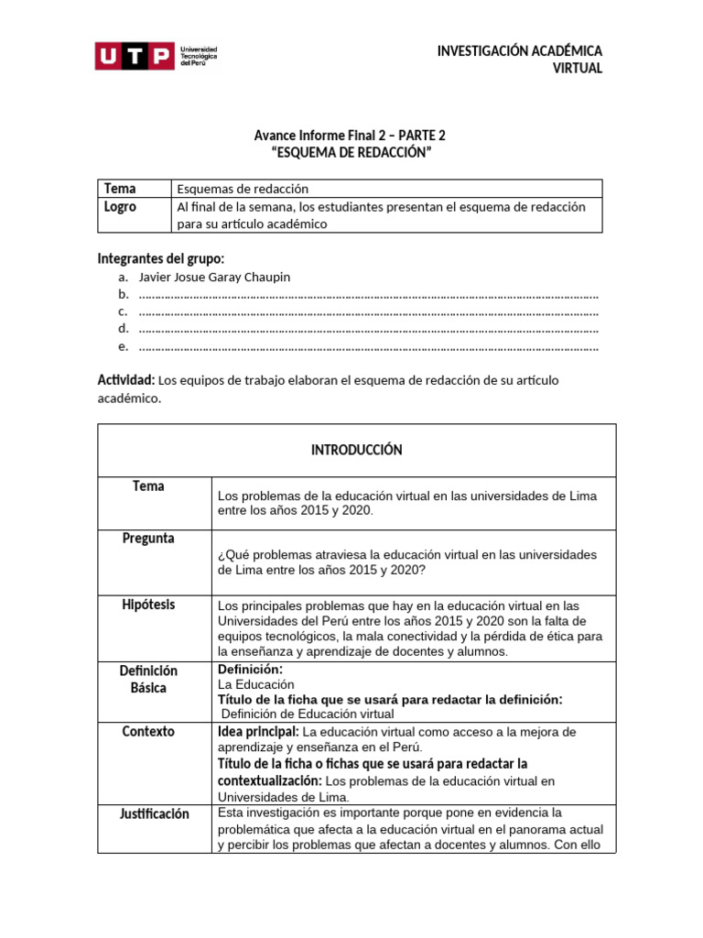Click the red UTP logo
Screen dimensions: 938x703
[135, 57]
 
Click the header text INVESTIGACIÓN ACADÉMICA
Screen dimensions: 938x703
[519, 51]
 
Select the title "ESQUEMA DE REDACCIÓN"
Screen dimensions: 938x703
[351, 153]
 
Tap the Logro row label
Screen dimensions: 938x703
[120, 207]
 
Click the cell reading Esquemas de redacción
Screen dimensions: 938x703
[243, 189]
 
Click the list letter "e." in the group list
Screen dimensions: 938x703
[123, 346]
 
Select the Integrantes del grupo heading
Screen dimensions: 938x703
[160, 258]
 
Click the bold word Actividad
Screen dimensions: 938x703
[126, 379]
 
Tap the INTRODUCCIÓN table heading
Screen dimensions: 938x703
[356, 450]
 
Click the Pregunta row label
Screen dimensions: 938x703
[148, 538]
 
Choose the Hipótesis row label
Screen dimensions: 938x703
[148, 605]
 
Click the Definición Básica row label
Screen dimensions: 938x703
[148, 679]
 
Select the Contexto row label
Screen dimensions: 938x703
[148, 732]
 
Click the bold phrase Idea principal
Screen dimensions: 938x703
[258, 732]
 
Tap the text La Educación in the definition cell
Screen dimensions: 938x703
[255, 684]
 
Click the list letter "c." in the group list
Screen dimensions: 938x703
[123, 311]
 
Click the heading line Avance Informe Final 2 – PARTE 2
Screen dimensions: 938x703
[351, 136]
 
